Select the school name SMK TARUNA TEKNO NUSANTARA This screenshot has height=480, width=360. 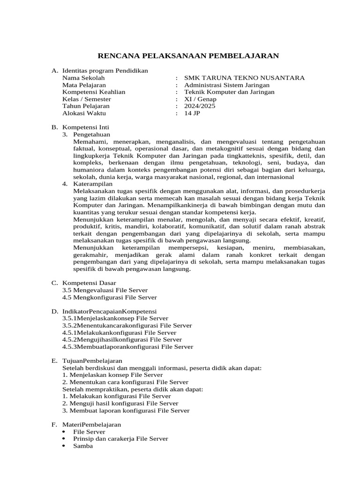244,78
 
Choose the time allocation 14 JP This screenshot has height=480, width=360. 192,113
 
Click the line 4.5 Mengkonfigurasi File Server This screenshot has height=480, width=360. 110,297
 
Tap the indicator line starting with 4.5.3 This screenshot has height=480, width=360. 127,347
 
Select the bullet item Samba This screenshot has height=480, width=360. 83,446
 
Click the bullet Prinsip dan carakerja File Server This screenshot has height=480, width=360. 120,439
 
